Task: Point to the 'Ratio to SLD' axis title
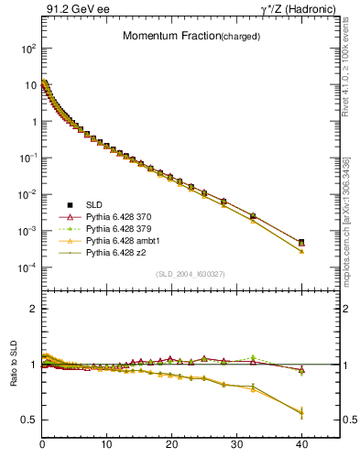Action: [15, 378]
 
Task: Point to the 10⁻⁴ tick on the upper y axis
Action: [26, 267]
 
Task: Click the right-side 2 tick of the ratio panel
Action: [348, 309]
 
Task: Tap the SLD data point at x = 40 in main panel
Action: [301, 242]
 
